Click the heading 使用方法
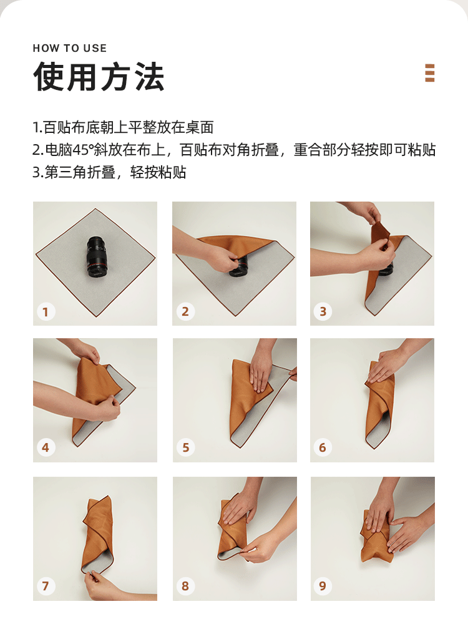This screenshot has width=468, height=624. click(99, 76)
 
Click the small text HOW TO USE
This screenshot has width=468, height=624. click(70, 48)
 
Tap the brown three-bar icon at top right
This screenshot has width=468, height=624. click(430, 73)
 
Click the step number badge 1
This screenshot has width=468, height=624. click(46, 311)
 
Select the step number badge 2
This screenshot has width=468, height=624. click(185, 311)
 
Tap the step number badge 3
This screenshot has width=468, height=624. click(323, 311)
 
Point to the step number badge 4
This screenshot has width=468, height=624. click(46, 447)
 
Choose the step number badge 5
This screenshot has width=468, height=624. click(185, 447)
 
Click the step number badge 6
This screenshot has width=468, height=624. click(323, 447)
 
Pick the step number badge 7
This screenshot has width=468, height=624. click(46, 586)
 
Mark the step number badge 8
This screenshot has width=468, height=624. click(185, 586)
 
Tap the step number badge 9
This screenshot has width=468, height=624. click(323, 586)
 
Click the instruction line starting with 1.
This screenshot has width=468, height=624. click(123, 127)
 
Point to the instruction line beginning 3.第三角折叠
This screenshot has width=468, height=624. click(109, 172)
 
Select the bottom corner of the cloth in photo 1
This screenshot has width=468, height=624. click(95, 317)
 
